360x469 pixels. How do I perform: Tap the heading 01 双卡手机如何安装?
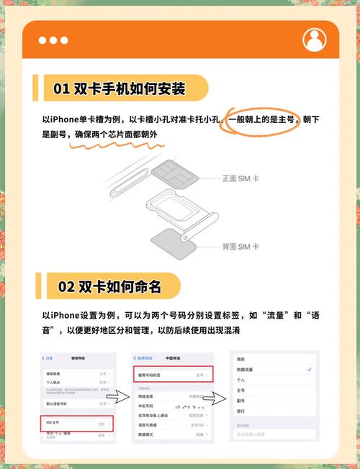click(120, 89)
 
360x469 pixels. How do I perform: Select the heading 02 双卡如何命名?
click(109, 286)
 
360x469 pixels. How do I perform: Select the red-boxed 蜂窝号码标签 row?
click(172, 375)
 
